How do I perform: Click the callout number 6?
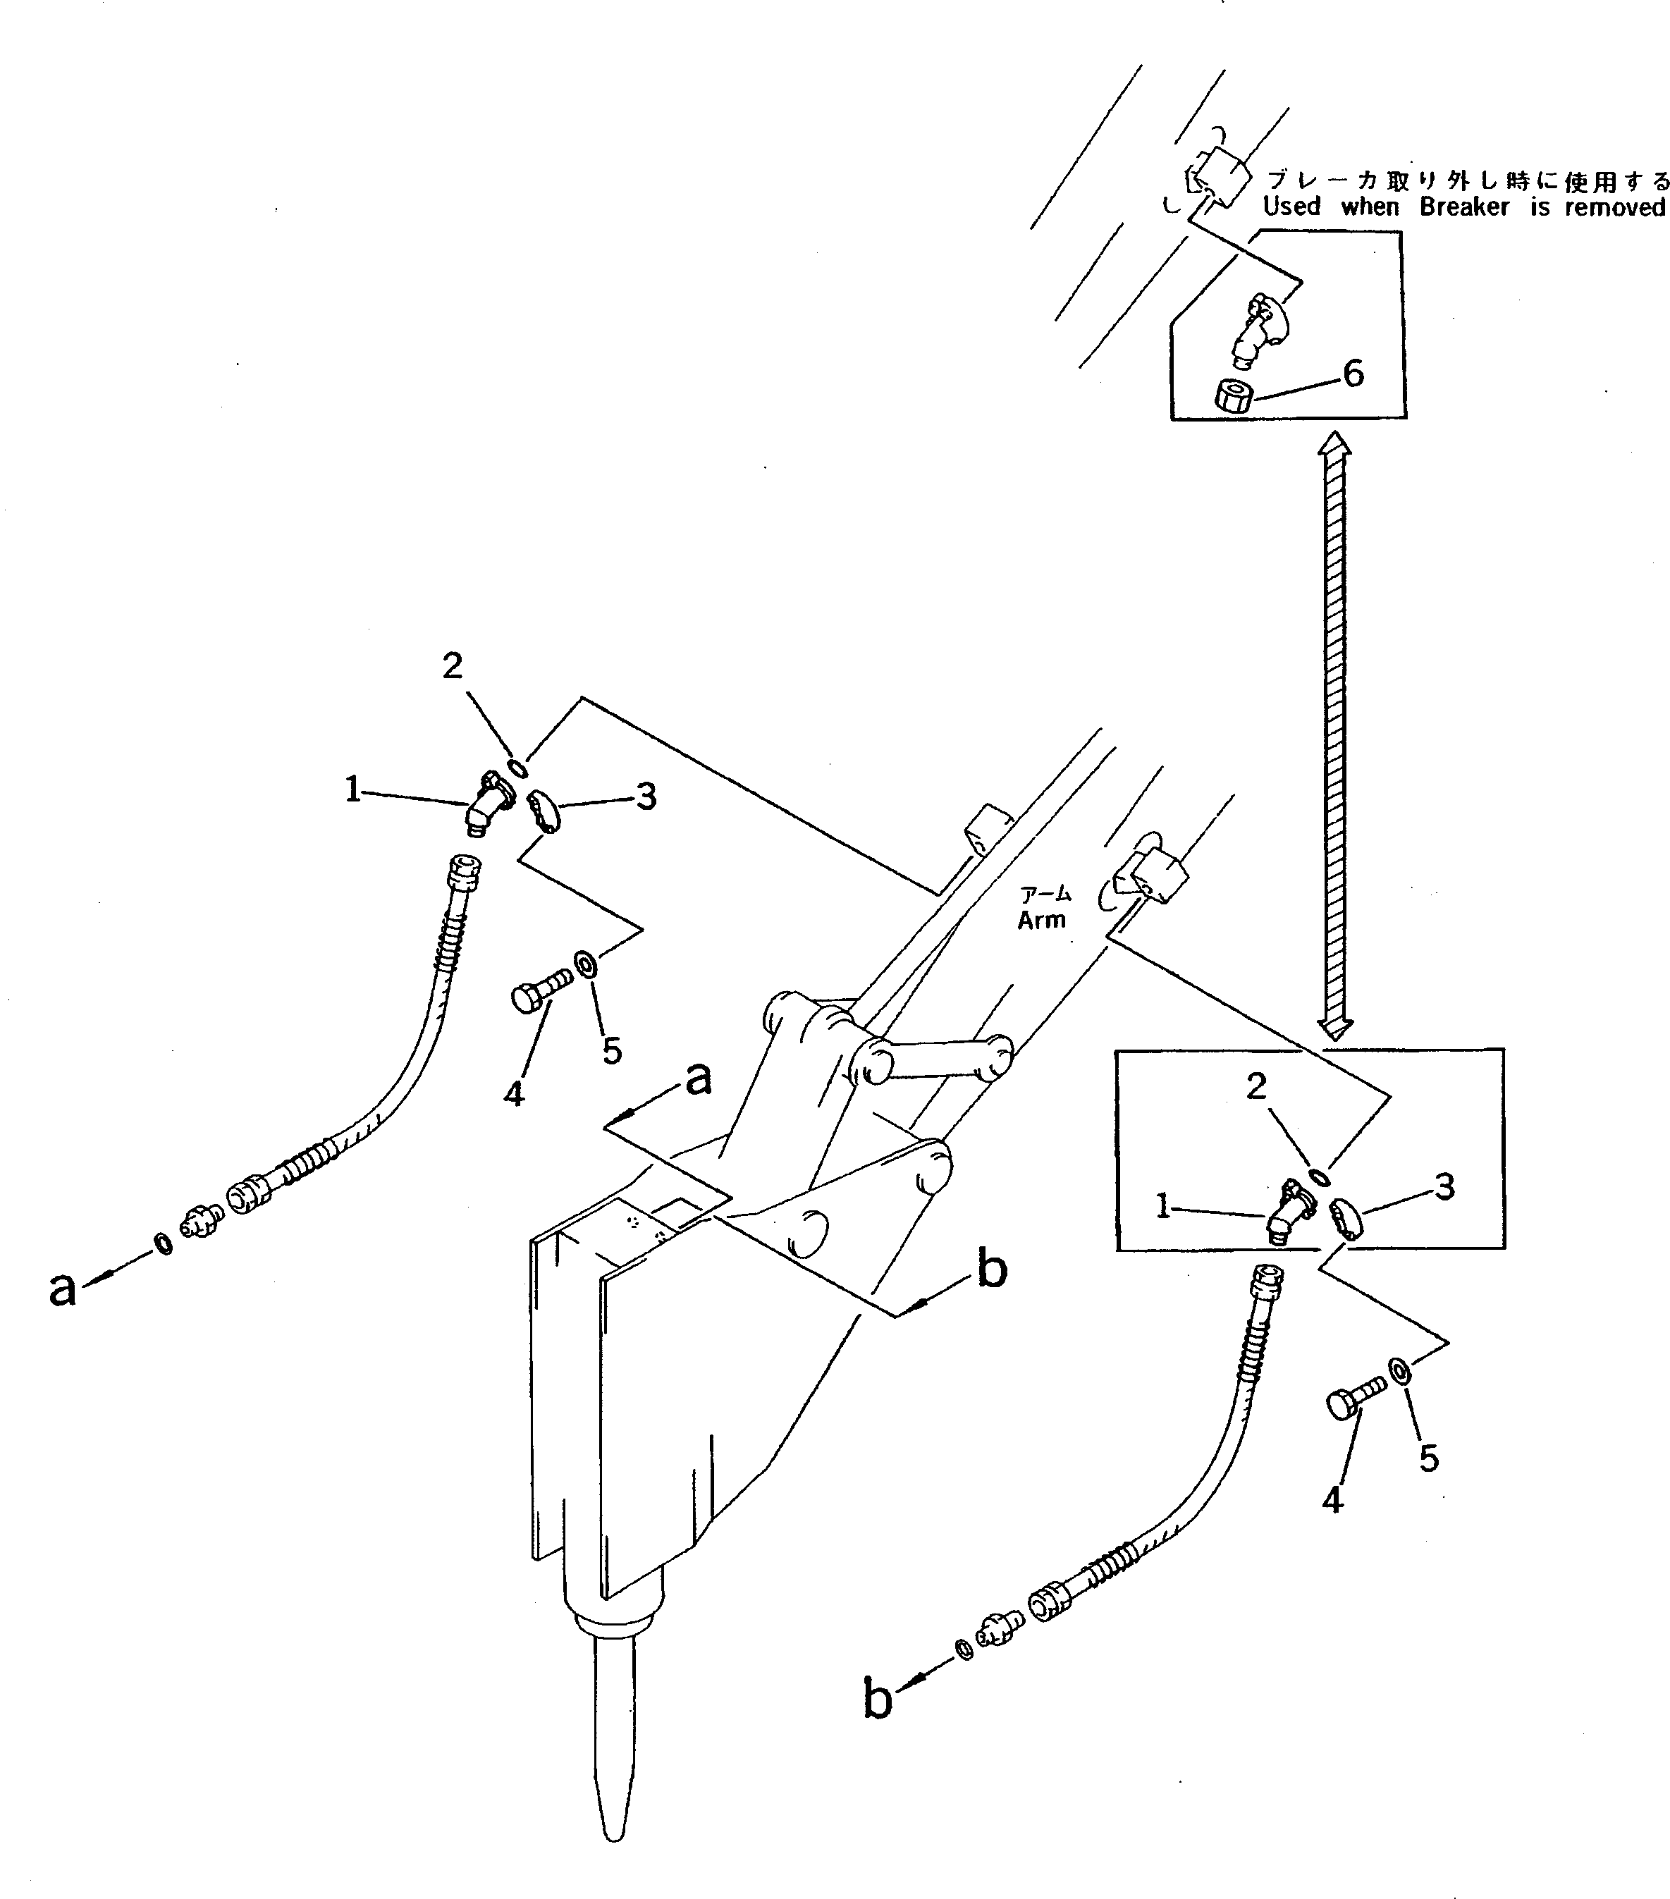(x=1353, y=374)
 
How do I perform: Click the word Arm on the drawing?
(x=1041, y=920)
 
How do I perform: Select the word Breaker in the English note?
(x=1463, y=207)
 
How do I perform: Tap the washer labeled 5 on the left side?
(x=587, y=961)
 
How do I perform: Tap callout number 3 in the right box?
(x=1443, y=1186)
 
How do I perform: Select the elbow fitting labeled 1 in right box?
(x=1287, y=1217)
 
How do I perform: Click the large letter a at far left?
(x=61, y=1289)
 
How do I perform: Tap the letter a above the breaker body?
(x=698, y=1080)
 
